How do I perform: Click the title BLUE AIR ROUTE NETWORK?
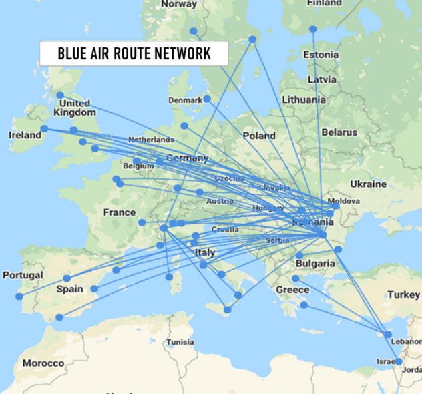(134, 54)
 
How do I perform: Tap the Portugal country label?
(23, 275)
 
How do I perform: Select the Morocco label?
(43, 363)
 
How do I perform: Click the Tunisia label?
(180, 342)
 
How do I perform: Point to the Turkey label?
(403, 294)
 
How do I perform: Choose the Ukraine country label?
(367, 184)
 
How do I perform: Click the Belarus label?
(339, 132)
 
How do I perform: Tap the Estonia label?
(321, 54)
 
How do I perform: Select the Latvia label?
(323, 79)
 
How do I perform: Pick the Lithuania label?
(303, 100)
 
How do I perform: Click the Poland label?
(259, 135)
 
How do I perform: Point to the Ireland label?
(25, 135)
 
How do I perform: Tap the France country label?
(120, 212)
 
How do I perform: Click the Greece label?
(292, 290)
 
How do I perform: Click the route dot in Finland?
(312, 29)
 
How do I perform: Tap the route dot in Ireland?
(44, 129)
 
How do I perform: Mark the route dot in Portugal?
(19, 296)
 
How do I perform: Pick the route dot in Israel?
(398, 361)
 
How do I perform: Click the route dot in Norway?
(193, 31)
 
